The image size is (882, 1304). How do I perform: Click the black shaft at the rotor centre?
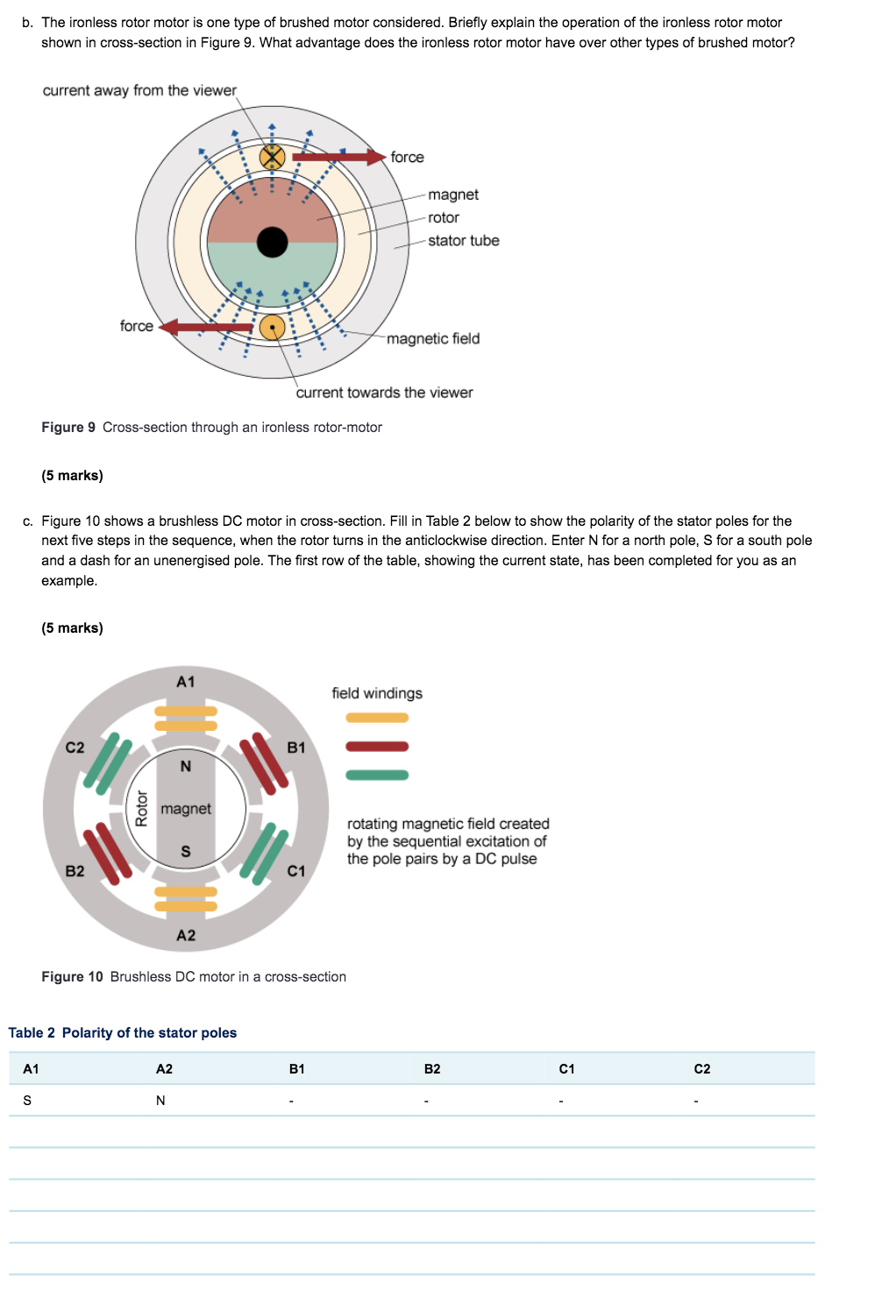coord(273,243)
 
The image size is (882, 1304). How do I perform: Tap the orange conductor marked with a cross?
coord(273,158)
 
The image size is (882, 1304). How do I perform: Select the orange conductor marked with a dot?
coord(273,328)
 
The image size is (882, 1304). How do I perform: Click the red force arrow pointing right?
coord(338,158)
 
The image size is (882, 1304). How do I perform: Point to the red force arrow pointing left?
coord(206,327)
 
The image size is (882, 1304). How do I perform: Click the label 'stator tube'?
coord(463,240)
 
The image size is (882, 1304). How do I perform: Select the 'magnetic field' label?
coord(433,338)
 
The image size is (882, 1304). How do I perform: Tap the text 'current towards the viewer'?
coord(384,393)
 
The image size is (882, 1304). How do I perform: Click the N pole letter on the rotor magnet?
coord(186,767)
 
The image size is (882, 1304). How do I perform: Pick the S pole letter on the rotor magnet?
coord(186,852)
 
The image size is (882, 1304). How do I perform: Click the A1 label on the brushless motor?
coord(186,682)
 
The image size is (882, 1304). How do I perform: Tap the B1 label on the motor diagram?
coord(296,748)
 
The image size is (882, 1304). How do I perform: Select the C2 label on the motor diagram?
coord(75,748)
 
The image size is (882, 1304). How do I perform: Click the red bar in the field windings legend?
coord(377,747)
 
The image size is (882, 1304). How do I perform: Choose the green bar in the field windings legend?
coord(377,775)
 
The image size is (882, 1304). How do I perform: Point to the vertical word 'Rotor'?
coord(142,808)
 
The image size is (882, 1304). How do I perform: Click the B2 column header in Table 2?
coord(432,1069)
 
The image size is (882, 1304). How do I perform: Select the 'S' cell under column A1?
coord(27,1101)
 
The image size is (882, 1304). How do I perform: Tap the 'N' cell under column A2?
coord(160,1101)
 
